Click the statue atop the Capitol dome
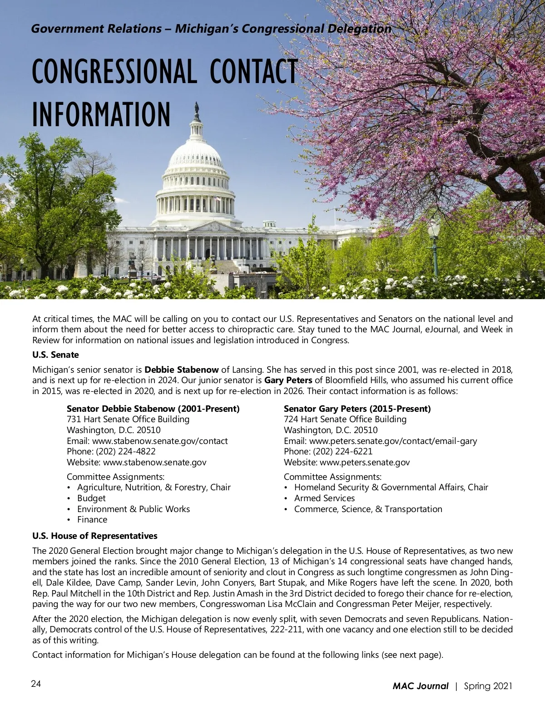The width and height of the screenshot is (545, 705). click(x=197, y=109)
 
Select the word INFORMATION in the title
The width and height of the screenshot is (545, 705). click(x=101, y=114)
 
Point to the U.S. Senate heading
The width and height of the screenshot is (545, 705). click(x=55, y=355)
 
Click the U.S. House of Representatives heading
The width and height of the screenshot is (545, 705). click(x=95, y=536)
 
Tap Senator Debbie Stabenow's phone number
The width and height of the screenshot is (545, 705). click(x=126, y=452)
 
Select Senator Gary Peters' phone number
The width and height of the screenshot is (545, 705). click(x=343, y=452)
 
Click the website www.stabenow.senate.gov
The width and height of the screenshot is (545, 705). click(x=154, y=463)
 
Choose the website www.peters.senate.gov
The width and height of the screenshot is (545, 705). click(x=365, y=463)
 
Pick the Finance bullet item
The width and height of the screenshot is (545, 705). click(x=92, y=520)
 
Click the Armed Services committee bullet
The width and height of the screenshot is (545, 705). click(x=324, y=498)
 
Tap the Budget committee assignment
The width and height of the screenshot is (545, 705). click(x=91, y=498)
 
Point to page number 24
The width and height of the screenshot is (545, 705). click(x=36, y=684)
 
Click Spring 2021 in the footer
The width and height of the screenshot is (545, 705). click(x=488, y=686)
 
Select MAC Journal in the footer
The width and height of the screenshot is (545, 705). click(x=421, y=686)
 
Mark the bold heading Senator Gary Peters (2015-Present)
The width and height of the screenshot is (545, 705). click(x=357, y=409)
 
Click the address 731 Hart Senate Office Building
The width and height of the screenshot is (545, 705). click(x=128, y=419)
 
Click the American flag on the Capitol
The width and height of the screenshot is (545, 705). click(x=218, y=198)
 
